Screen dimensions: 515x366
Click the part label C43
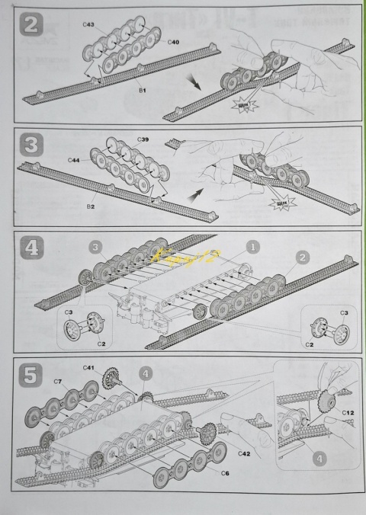(88, 25)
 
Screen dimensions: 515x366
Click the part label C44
(73, 160)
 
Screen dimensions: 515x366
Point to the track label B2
(90, 206)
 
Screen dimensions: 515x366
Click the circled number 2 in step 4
(302, 258)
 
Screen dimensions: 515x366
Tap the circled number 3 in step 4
(92, 246)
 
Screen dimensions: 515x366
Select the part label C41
(88, 368)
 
